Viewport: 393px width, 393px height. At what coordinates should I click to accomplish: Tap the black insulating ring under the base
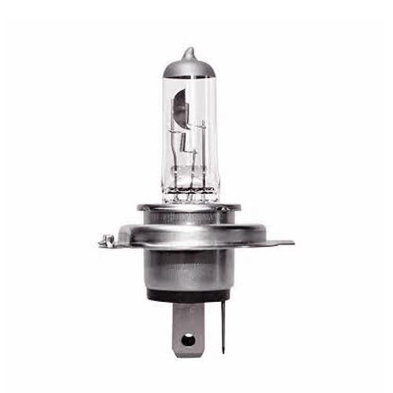pyautogui.click(x=189, y=296)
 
